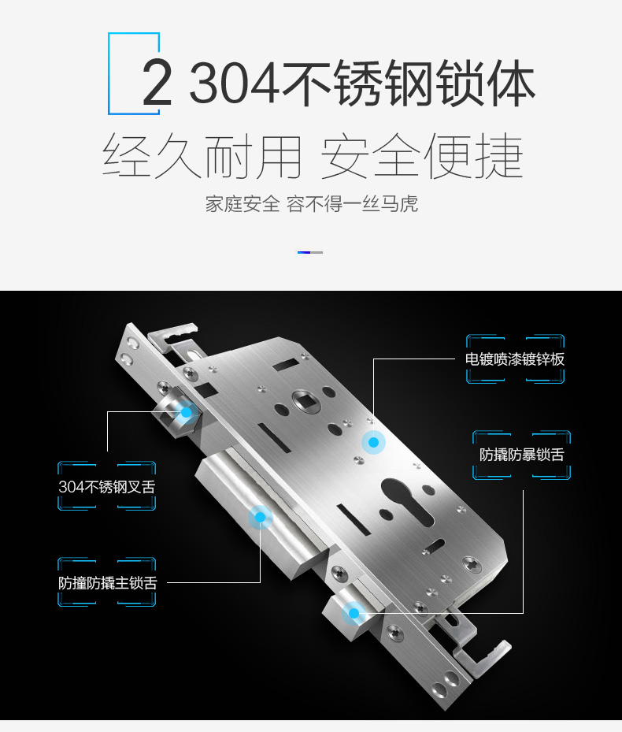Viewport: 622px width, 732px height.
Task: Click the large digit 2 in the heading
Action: tap(157, 83)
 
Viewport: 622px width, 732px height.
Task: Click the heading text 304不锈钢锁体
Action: tap(361, 83)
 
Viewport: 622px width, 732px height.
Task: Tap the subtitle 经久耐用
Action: tap(201, 156)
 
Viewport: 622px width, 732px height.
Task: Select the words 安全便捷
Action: tap(421, 156)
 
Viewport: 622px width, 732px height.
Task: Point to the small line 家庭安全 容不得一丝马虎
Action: tap(311, 204)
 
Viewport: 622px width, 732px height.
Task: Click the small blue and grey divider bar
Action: tap(310, 253)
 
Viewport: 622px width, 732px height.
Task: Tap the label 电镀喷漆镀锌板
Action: tap(515, 359)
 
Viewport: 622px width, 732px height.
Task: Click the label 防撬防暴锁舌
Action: tap(522, 455)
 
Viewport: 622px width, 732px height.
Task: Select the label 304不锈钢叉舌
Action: tap(107, 487)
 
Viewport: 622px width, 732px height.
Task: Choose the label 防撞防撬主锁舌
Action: tap(108, 583)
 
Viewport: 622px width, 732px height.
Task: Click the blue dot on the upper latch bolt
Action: tap(186, 412)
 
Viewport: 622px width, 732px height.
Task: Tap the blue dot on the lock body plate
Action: tap(373, 442)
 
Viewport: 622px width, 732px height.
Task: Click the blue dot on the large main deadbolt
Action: tap(261, 517)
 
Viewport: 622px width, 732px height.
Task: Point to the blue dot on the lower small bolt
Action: tap(354, 614)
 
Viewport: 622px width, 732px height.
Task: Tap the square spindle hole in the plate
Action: tap(305, 401)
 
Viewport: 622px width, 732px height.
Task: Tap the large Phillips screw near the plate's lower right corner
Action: tap(472, 564)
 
